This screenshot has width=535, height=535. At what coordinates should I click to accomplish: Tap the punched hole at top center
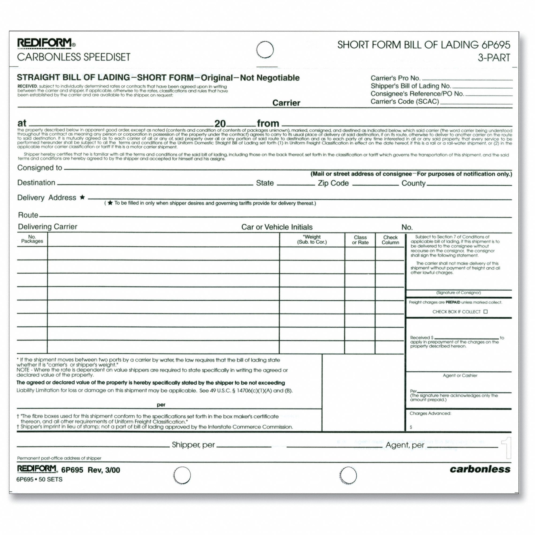[265, 49]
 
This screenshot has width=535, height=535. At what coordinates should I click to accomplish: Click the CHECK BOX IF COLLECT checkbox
[486, 312]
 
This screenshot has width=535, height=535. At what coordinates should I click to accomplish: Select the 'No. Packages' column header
[32, 239]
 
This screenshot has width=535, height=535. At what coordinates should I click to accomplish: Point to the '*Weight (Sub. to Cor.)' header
[312, 239]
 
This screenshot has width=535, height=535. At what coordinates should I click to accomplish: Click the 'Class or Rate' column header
[360, 240]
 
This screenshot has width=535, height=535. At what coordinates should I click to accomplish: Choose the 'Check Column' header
[391, 240]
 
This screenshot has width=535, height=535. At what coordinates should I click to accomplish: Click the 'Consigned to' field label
[40, 168]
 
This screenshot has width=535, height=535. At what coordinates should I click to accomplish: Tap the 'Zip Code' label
[333, 183]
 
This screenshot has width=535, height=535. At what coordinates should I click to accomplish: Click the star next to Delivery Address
[82, 197]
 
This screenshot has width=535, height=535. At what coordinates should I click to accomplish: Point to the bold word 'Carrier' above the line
[286, 103]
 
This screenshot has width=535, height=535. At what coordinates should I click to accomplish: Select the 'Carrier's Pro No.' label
[395, 78]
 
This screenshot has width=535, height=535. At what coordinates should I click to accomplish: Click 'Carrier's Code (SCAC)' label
[404, 102]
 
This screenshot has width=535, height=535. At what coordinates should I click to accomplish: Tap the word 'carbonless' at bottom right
[480, 469]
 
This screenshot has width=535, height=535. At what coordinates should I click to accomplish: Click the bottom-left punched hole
[182, 475]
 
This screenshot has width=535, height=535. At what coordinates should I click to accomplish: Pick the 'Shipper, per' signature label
[193, 445]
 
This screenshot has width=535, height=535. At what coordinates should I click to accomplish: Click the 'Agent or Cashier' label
[460, 376]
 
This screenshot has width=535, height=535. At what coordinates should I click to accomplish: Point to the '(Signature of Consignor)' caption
[458, 293]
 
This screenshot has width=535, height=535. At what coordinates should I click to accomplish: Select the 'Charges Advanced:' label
[430, 414]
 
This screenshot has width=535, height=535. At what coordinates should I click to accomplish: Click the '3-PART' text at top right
[494, 58]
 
